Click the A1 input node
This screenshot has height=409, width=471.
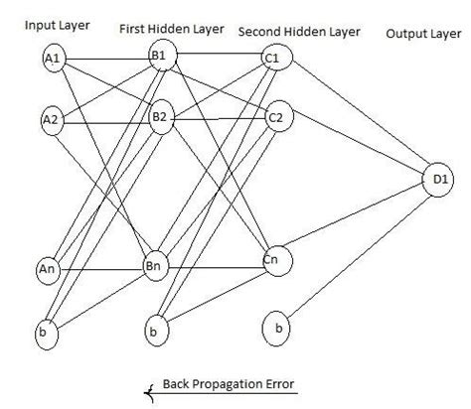[54, 61]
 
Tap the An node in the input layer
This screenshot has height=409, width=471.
[46, 269]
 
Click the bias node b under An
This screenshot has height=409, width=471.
[44, 334]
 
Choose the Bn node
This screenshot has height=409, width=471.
[154, 266]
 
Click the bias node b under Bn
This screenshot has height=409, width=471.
[154, 329]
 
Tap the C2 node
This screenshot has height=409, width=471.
[277, 117]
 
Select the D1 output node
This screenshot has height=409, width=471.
[437, 180]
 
